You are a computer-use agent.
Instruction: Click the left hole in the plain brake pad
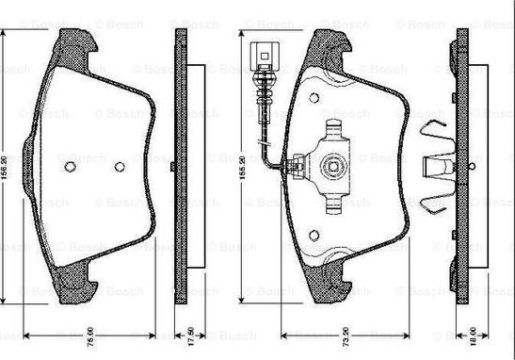(71, 168)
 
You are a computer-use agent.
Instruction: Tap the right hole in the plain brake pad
(119, 168)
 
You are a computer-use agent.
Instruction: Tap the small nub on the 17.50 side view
(175, 168)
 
